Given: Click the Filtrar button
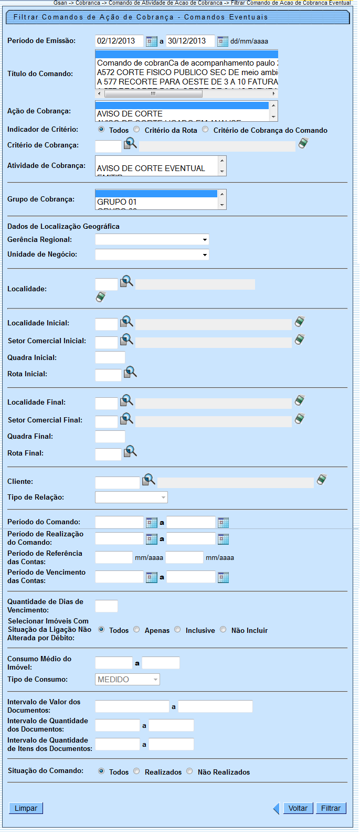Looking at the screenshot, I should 331,808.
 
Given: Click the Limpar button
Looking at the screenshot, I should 26,808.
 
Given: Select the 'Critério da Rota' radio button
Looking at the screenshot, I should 137,130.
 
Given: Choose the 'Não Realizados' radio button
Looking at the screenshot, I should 190,771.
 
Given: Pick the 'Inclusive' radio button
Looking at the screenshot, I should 178,630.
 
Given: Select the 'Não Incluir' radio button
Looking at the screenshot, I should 224,630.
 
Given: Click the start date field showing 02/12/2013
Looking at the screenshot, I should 119,41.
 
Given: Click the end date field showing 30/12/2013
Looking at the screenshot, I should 190,41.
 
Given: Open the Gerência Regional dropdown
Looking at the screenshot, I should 152,240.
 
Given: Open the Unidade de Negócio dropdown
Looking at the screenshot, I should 152,255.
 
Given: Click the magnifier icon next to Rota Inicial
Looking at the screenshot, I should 130,373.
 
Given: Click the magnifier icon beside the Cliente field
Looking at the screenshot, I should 149,480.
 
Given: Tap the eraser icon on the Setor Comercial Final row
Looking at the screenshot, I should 300,419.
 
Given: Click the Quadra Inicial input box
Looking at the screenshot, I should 110,358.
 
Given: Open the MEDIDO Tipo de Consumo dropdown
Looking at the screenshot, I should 128,680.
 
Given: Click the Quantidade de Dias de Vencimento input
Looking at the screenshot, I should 107,606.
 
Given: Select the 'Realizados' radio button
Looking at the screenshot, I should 137,771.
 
